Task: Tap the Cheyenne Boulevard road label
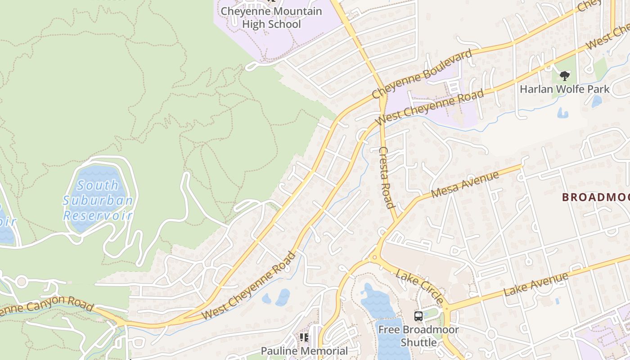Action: [422, 74]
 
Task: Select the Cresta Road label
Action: [387, 177]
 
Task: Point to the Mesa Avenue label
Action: [465, 184]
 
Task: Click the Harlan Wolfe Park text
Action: [564, 89]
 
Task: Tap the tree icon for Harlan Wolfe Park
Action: [564, 76]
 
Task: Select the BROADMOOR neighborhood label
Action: [596, 197]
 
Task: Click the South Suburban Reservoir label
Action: [98, 200]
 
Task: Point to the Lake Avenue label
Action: [535, 284]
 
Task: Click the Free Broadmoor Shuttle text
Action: [418, 336]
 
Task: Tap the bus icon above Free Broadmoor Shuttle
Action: [418, 316]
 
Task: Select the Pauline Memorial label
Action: [305, 351]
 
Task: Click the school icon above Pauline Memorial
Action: [304, 337]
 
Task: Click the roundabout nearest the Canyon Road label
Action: [21, 282]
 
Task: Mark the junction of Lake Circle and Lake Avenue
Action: [446, 309]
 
